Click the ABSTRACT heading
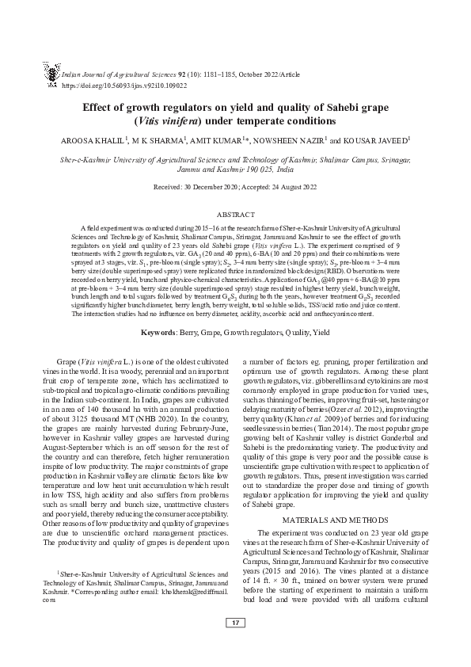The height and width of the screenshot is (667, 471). tap(235, 214)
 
